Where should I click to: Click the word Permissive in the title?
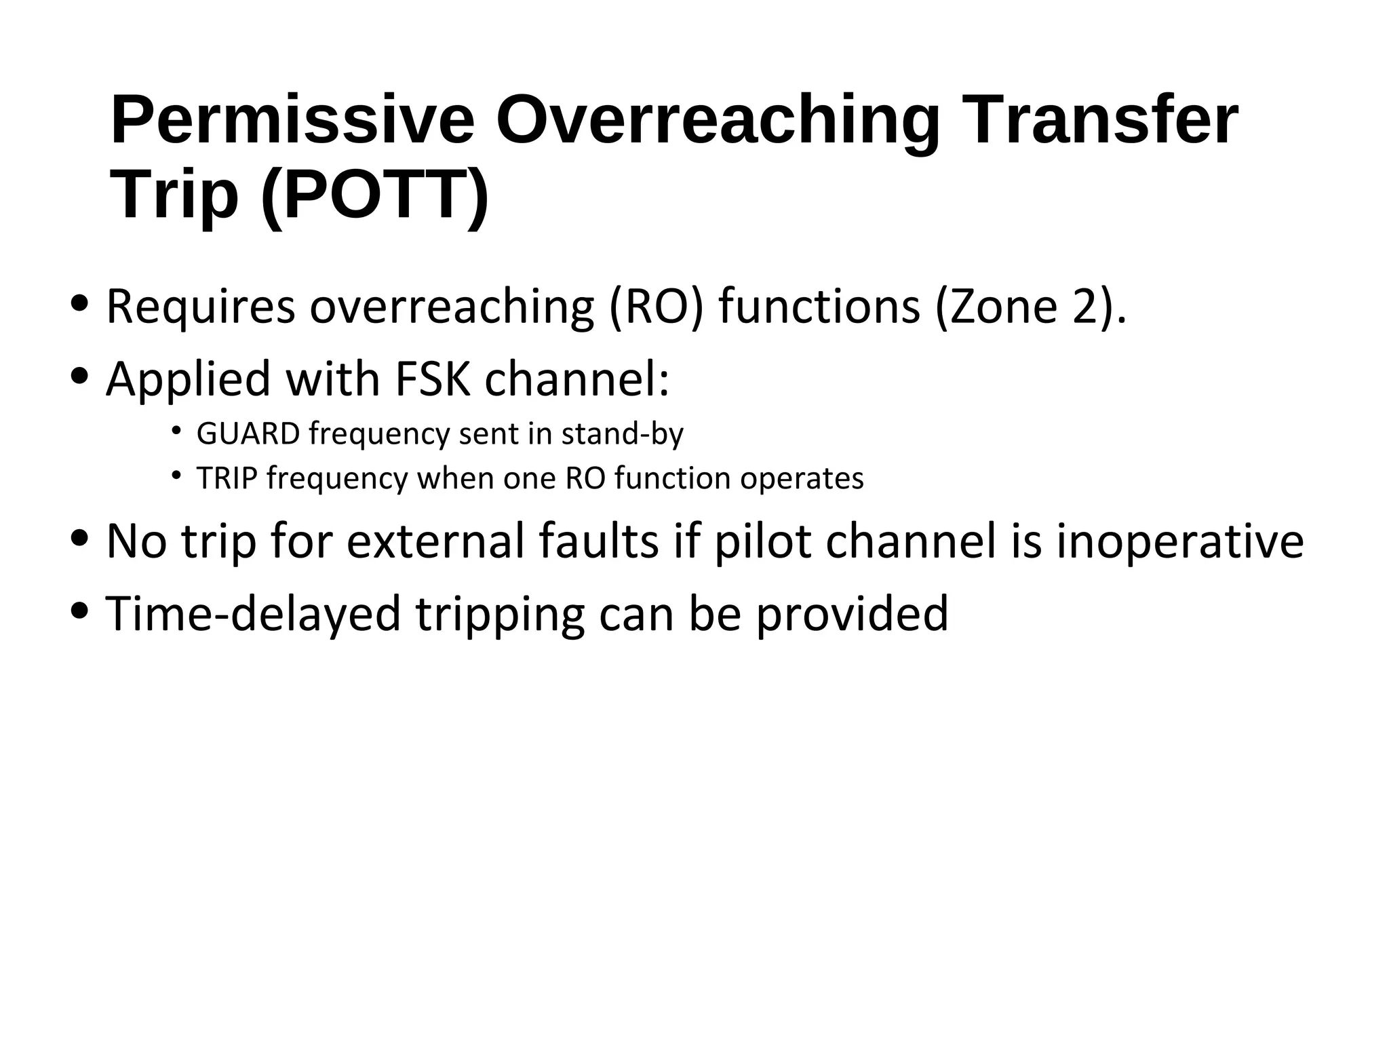(292, 122)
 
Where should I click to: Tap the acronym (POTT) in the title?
(374, 195)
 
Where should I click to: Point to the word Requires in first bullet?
(201, 308)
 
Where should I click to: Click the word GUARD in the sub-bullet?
(248, 434)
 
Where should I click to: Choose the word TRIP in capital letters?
(227, 478)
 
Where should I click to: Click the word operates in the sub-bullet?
(802, 479)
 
